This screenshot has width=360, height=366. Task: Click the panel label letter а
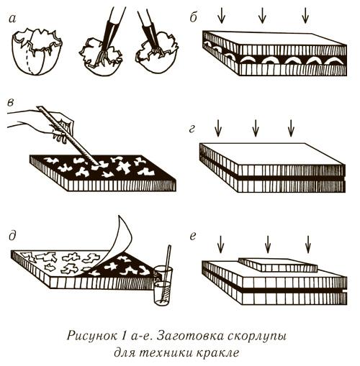[x=12, y=19]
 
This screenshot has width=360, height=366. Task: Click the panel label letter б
[x=194, y=17]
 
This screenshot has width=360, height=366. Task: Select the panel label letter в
[x=11, y=102]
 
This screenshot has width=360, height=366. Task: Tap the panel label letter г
[x=192, y=129]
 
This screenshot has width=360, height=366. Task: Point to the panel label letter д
[x=12, y=236]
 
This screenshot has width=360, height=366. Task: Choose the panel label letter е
[x=193, y=237]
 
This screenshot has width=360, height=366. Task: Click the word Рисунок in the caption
[x=91, y=336]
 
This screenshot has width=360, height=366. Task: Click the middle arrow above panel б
[x=262, y=16]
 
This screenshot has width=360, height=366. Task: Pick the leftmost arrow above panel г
[x=218, y=128]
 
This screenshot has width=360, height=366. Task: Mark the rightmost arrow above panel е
[x=308, y=244]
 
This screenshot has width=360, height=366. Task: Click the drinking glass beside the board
[x=163, y=285]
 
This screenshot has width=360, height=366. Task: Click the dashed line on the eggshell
[x=30, y=57]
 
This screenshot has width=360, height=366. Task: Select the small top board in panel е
[x=278, y=265]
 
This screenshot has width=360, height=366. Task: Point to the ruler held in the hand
[x=68, y=135]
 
